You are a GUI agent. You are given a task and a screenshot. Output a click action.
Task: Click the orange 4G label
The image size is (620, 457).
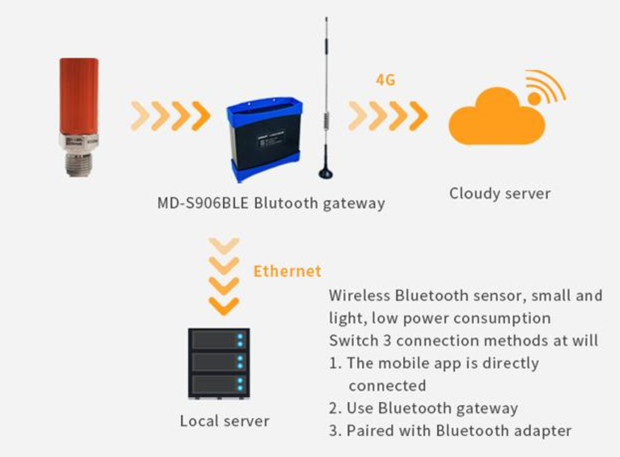385,80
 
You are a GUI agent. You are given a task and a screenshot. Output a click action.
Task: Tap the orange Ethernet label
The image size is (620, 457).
287,271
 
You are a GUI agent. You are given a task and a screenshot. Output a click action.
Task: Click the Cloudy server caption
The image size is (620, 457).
500,193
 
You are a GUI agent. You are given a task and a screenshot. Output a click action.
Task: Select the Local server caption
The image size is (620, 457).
224,421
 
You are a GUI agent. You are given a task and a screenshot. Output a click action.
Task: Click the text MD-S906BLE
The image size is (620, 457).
203,203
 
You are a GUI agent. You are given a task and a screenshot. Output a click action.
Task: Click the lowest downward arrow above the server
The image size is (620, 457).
224,306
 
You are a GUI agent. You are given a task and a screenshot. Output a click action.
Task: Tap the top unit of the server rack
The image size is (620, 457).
219,340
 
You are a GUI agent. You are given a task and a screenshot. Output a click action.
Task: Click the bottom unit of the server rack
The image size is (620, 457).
219,385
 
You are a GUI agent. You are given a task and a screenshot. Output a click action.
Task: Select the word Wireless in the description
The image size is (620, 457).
359,295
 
